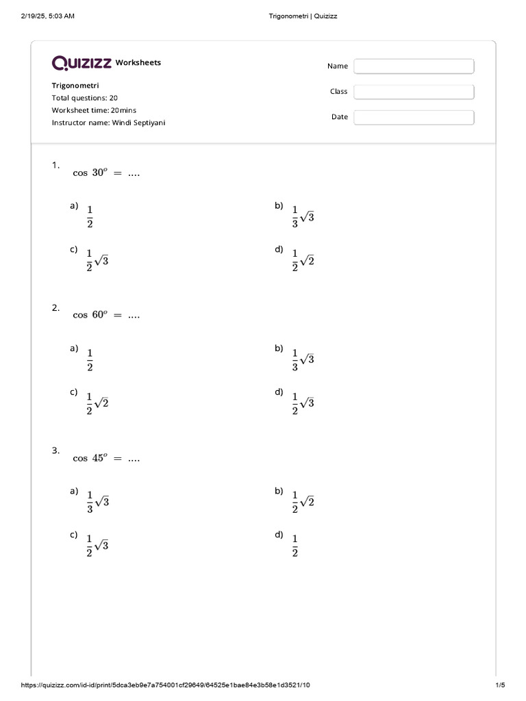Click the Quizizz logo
[82, 63]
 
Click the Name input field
[414, 66]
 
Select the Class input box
[414, 92]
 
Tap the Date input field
[414, 117]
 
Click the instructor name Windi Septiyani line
[108, 123]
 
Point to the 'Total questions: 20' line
[85, 98]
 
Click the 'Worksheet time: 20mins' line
[95, 110]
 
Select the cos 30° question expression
[106, 173]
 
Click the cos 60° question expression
[106, 316]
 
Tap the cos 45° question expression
[106, 459]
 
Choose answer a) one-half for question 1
[90, 216]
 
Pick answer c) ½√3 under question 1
[97, 261]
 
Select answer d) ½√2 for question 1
[303, 261]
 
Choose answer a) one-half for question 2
[90, 359]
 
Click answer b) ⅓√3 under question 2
[303, 359]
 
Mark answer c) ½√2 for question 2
[97, 403]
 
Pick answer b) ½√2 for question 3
[303, 502]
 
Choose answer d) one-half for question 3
[295, 546]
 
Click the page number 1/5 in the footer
[500, 685]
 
